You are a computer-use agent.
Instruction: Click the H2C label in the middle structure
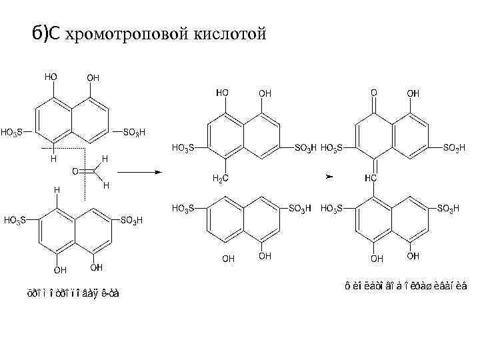coord(220,178)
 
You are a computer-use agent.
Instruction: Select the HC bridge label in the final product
coord(371,178)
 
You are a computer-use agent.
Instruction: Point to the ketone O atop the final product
coord(374,93)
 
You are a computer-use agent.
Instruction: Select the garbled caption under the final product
coord(406,286)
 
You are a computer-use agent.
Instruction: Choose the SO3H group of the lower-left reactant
coord(131,219)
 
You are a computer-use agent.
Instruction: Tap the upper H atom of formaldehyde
coord(105,158)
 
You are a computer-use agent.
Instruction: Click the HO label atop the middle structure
coord(223,93)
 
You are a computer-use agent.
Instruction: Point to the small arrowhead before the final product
coord(328,177)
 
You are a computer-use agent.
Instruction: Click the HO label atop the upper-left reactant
coord(51,77)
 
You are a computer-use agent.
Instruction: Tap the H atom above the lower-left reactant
coord(57,191)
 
